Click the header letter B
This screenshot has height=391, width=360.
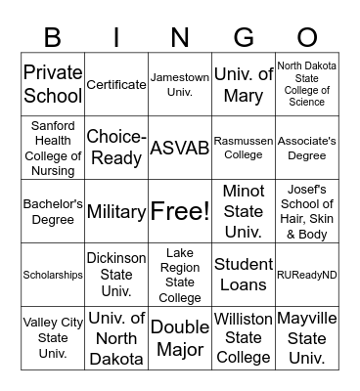tap(52, 38)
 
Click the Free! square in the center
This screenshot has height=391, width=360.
tap(179, 211)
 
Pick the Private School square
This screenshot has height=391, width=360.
tap(52, 84)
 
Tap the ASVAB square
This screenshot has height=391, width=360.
tap(179, 148)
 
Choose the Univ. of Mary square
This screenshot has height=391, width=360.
tap(243, 84)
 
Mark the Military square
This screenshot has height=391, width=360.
tap(115, 211)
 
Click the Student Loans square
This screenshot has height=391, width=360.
tap(243, 275)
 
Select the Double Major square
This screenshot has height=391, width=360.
tap(179, 338)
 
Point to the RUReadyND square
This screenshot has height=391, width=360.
tap(306, 275)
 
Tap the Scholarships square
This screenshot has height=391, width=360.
tap(52, 275)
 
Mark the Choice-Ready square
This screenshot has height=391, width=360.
tap(115, 148)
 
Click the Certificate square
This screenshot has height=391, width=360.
tap(115, 84)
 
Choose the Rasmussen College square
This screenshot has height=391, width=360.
tap(243, 148)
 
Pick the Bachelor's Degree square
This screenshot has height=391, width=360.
tap(52, 211)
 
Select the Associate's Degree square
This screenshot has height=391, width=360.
tap(306, 148)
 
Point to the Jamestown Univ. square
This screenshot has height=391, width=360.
tap(179, 84)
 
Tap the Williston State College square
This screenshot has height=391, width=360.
tap(243, 338)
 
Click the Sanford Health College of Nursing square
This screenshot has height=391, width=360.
tap(52, 148)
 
